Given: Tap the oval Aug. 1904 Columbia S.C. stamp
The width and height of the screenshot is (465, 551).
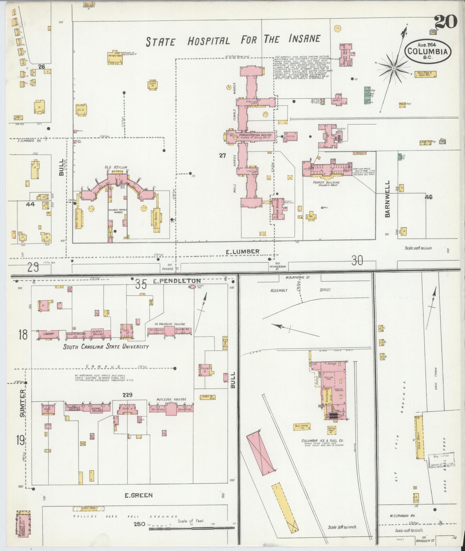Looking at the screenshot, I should click(x=428, y=51).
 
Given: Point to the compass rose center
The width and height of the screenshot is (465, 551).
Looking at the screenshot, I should click(x=393, y=68).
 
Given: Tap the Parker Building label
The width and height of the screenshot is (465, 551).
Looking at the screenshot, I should click(x=326, y=182).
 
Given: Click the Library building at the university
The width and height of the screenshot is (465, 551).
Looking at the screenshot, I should click(x=48, y=334).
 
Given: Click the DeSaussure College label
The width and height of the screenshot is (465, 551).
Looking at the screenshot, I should click(x=170, y=324).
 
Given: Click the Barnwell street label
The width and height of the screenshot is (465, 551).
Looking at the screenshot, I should click(x=387, y=199).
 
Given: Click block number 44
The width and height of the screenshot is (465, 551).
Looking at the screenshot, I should click(x=30, y=204).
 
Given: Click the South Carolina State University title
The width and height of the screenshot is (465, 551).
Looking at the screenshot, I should click(x=106, y=347).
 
